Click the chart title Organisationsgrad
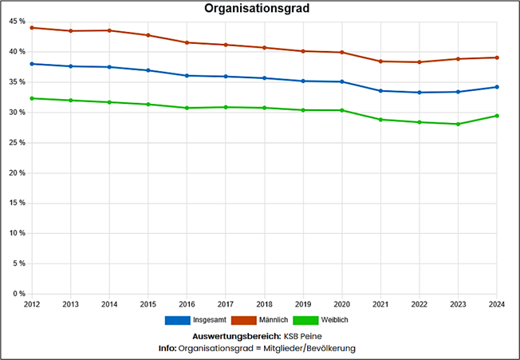257,10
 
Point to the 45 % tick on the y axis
18,22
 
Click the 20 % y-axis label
18,173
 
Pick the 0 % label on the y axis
20,295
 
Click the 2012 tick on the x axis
32,304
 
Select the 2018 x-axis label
265,304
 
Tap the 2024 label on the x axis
497,304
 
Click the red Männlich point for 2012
32,28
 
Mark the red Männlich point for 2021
380,61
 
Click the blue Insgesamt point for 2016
187,76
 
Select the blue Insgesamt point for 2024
497,87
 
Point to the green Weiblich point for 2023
458,124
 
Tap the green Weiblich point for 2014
109,102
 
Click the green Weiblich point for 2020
342,110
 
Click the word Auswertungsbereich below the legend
232,336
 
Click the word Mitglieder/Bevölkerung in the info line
307,348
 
